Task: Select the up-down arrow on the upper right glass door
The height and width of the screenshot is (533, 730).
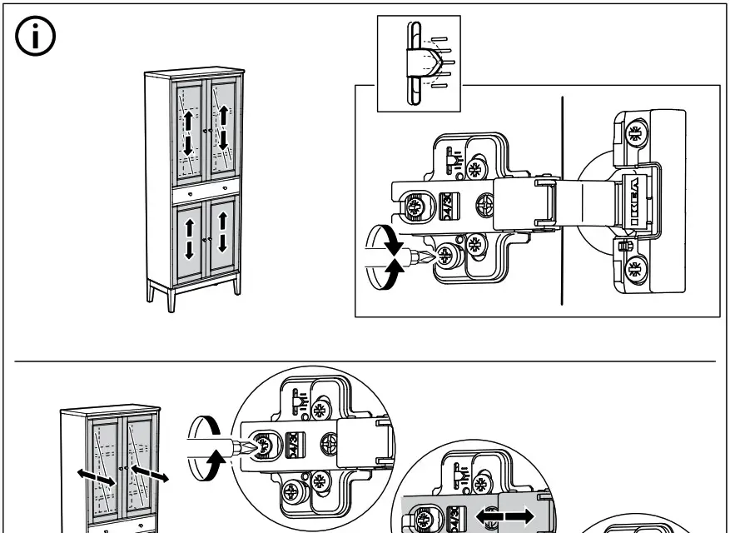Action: click(x=222, y=127)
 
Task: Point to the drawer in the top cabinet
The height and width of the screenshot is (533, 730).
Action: click(x=206, y=191)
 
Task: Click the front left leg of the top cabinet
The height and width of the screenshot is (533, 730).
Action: click(x=171, y=298)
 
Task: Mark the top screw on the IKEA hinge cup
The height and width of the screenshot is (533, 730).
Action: click(x=635, y=132)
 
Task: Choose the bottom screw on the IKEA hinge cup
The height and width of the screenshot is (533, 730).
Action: click(x=635, y=268)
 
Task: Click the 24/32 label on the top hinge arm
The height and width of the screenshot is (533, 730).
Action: click(x=445, y=204)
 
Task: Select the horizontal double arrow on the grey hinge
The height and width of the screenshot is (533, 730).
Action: click(x=505, y=516)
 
